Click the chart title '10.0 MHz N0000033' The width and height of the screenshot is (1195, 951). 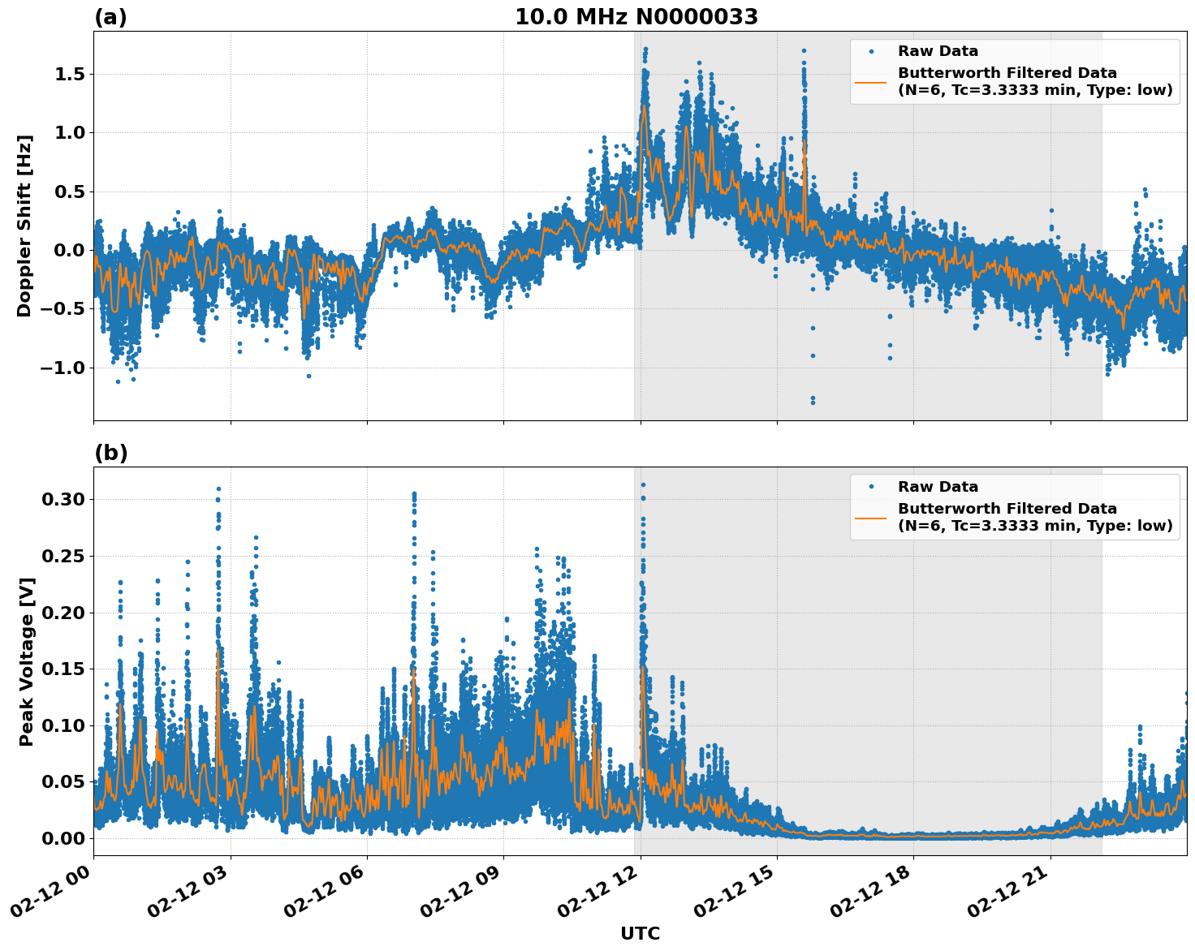coord(636,17)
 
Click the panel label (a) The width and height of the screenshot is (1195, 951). coord(110,17)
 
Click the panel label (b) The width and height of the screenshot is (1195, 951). coord(110,453)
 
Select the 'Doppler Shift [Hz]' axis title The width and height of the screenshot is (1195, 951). coord(24,226)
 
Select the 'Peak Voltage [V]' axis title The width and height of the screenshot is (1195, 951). coord(27,661)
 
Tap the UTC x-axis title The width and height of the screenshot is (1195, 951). coord(640,933)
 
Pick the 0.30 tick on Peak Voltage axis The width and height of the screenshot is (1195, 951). coord(63,499)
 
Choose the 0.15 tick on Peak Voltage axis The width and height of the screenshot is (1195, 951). coord(63,669)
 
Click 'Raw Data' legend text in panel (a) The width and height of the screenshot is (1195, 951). coord(938,51)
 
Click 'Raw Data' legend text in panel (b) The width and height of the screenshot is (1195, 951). coord(938,487)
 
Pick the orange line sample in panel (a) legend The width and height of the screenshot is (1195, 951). coord(870,82)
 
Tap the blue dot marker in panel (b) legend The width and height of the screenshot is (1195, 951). coord(870,487)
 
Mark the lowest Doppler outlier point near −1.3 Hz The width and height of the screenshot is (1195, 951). coord(813,402)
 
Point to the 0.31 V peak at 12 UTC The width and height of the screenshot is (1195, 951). coord(643,484)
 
